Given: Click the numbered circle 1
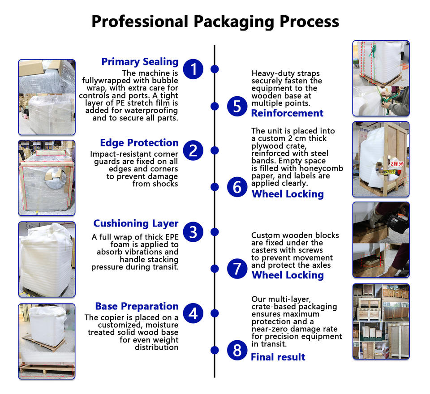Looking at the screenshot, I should click(x=193, y=69).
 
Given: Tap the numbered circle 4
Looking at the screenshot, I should click(x=193, y=313).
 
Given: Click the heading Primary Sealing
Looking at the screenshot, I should click(x=140, y=62).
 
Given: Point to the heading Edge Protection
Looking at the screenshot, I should click(x=139, y=143).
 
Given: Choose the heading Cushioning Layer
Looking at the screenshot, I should click(x=136, y=223).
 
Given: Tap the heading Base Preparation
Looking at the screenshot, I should click(x=137, y=306).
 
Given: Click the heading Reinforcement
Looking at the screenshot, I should click(x=287, y=113).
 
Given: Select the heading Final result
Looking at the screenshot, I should click(x=278, y=357).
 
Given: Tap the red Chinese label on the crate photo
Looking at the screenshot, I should click(x=396, y=164).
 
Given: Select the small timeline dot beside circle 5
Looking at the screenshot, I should click(x=215, y=106).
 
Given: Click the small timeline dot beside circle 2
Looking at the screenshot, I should click(x=215, y=150).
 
